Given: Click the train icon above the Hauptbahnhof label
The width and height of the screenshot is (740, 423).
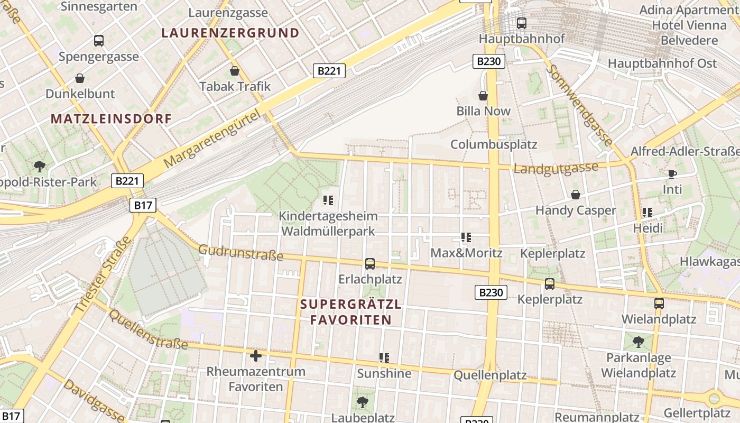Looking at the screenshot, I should coord(521,23).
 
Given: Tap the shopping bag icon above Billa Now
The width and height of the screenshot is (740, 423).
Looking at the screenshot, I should coord(483,95).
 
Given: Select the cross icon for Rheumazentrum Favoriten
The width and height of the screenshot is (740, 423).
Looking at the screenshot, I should coord(256,355).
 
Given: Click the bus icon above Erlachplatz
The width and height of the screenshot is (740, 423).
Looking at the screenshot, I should coord(370,263).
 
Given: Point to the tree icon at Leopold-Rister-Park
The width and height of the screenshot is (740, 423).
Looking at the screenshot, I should coord(39,167).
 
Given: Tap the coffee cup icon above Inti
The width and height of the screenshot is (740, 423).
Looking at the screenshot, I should coord(672,173).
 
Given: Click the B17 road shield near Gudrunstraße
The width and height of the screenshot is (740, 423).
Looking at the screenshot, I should coord(143,205).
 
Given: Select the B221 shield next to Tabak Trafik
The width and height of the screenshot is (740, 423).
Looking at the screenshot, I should coord(329,71).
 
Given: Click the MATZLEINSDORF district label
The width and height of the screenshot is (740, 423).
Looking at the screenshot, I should coord(112,119).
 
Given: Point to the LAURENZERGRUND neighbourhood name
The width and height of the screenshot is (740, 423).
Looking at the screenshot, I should coord(230,33).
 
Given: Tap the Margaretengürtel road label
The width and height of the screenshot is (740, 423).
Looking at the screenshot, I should coord(213,139).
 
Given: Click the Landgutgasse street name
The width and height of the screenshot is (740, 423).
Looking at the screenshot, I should coord(556,169).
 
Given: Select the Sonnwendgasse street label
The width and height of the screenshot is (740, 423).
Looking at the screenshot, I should coord(581,104).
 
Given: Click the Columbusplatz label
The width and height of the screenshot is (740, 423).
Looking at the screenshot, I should coord(494,144).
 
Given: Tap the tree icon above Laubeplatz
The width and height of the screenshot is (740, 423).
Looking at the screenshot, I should coord(362,402).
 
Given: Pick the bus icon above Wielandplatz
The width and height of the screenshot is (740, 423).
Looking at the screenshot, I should coord(659,304).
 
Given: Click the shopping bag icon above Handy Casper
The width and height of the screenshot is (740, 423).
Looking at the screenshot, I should coord(575,195).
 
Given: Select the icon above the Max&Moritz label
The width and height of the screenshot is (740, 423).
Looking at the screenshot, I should coord(466,237).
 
